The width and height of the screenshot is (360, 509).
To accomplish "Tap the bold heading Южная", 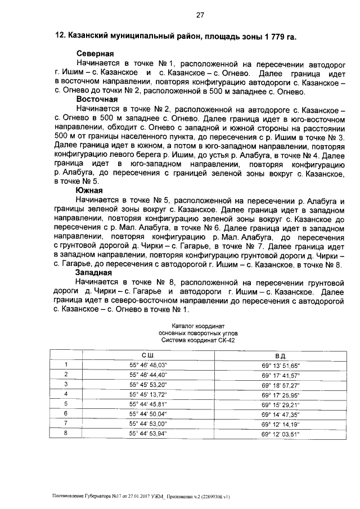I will [89, 191].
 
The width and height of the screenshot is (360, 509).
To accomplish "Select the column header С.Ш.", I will [148, 355].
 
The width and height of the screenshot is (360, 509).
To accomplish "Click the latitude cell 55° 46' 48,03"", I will [148, 365].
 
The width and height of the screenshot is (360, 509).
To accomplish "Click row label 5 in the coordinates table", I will [66, 404].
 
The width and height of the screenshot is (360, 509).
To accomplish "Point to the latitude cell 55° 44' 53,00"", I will [148, 423].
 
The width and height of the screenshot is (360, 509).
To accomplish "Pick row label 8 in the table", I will [66, 433].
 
